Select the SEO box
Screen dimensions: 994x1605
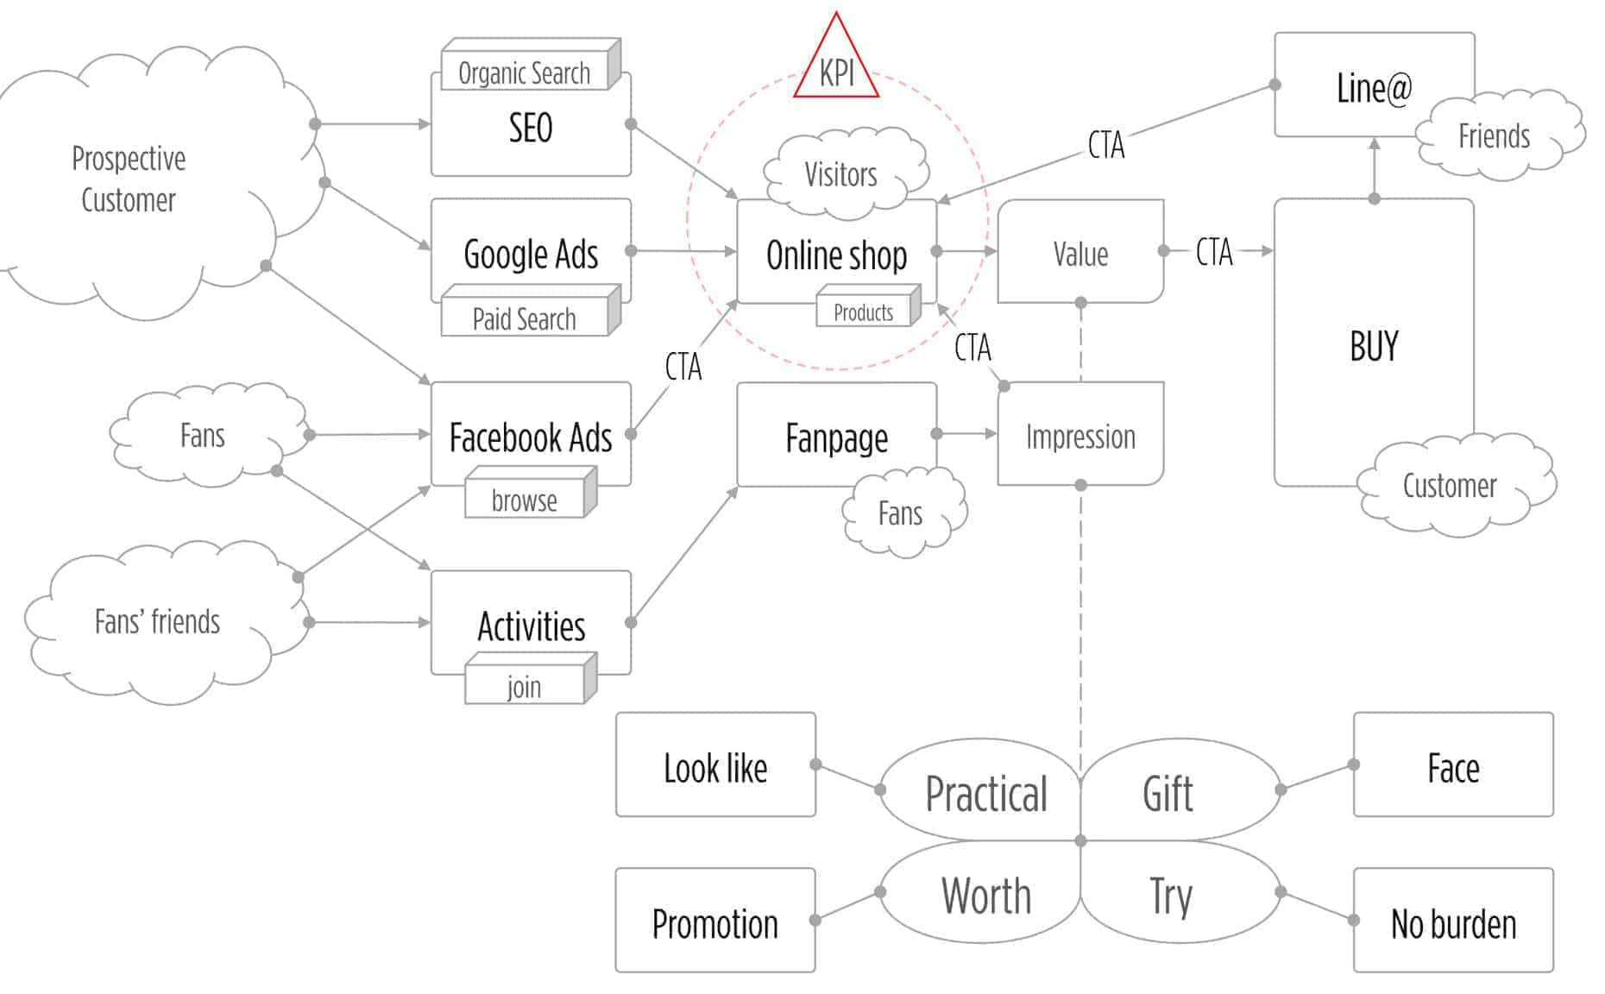pos(531,129)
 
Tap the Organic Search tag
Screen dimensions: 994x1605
pos(525,73)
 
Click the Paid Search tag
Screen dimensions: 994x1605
pos(525,319)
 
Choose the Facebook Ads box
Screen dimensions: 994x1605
pos(531,437)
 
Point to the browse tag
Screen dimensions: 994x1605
pos(525,500)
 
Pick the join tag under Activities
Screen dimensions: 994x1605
pos(525,687)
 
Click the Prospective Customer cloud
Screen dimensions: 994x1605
pos(129,179)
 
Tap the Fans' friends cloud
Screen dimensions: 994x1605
pos(157,621)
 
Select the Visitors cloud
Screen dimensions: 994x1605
pos(841,175)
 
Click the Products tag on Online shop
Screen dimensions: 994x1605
pos(864,312)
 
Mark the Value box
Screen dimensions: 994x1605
pos(1080,254)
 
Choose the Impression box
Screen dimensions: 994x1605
pos(1080,437)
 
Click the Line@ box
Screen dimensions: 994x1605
pos(1374,86)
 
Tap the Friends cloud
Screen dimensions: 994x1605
pos(1495,136)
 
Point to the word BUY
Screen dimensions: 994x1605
pos(1374,345)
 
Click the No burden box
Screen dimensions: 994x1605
pos(1453,923)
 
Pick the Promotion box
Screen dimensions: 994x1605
pos(715,923)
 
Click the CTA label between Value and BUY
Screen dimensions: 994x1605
pos(1214,252)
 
